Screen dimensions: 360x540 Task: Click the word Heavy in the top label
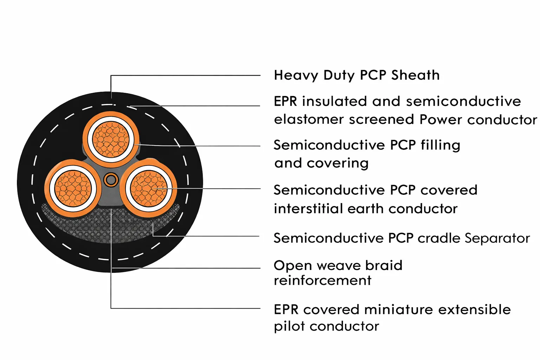[x=296, y=75]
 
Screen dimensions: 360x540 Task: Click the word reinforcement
[x=322, y=281]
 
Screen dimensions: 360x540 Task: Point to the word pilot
[x=289, y=326]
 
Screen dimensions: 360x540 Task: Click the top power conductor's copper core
[x=111, y=140]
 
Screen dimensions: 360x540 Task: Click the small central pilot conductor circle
[x=111, y=180]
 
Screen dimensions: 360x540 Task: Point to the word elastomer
[x=308, y=120]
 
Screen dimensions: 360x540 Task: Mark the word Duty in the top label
[x=339, y=75]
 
